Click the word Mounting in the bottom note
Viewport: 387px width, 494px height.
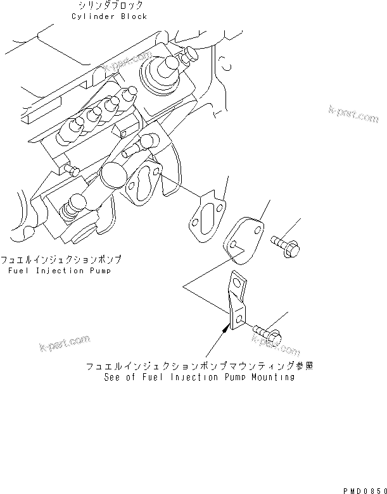pos(272,377)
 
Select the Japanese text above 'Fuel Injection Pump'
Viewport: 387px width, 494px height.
pos(61,260)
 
